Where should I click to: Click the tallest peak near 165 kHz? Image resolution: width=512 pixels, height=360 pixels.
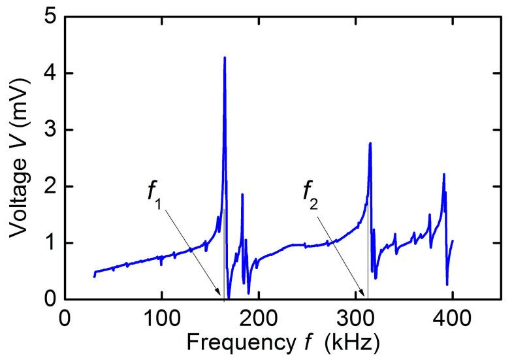225,58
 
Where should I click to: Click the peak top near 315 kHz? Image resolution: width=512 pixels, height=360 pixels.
370,143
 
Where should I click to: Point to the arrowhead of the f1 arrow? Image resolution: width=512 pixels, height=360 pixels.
221,295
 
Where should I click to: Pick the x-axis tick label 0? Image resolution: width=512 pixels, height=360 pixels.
65,318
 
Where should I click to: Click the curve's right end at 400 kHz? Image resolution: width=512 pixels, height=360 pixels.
452,241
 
